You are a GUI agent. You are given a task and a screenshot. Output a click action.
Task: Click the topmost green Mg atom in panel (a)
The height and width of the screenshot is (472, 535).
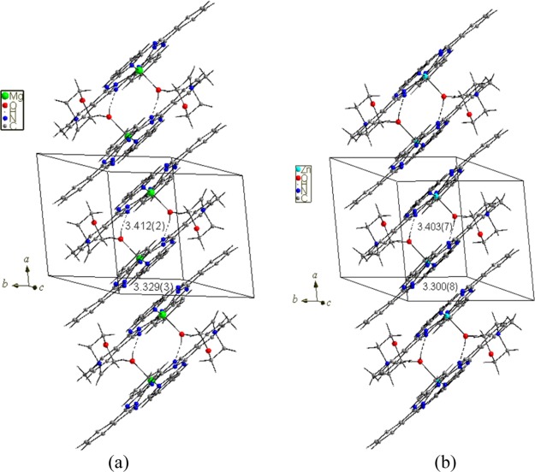[139, 71]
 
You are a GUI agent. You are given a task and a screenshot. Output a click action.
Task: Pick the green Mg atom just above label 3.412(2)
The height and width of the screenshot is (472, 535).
[152, 195]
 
